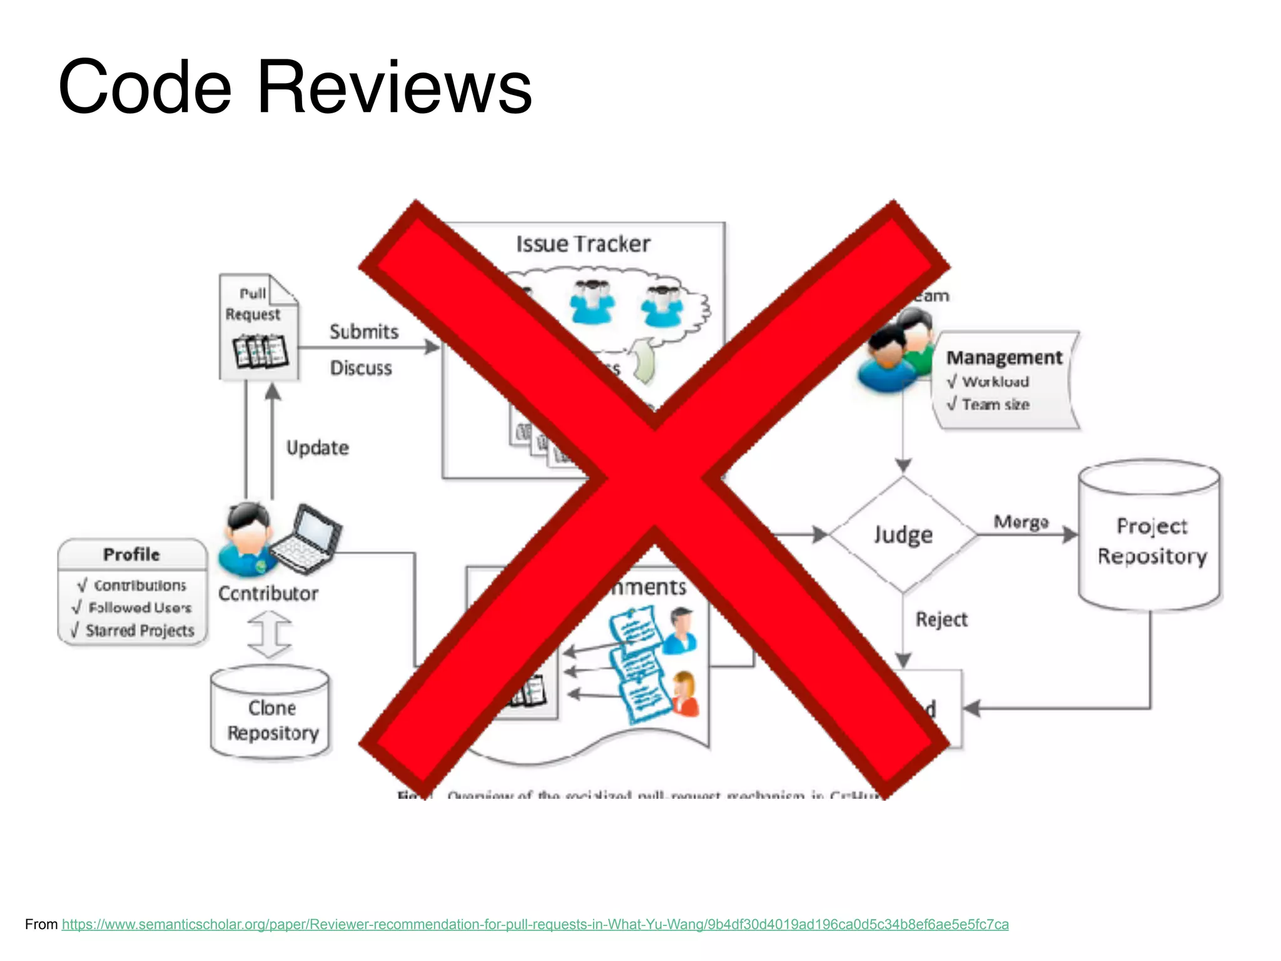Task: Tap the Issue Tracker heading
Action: coord(583,244)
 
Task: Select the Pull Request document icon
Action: coord(259,327)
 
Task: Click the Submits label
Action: coord(364,332)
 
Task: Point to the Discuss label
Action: coord(361,368)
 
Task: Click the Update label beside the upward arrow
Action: coord(317,448)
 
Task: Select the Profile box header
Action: coord(132,554)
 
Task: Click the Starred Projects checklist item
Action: coord(139,631)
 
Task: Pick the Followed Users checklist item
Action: coord(139,608)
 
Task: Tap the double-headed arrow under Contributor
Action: coord(270,634)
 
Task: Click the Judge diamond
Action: coord(903,535)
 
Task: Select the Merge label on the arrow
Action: coord(1021,522)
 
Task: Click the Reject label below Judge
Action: coord(941,619)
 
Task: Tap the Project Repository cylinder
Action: coord(1151,538)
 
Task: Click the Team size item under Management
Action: coord(995,405)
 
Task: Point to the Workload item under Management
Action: coord(995,382)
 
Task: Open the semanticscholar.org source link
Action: coord(535,924)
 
